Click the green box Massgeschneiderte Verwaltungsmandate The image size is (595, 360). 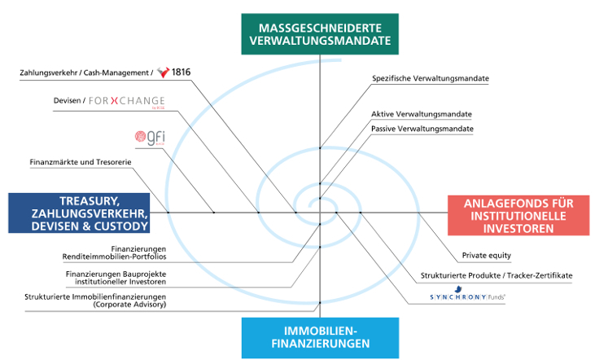(x=320, y=33)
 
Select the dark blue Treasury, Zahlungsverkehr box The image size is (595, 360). (x=90, y=213)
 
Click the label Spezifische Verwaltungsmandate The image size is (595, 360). (x=430, y=79)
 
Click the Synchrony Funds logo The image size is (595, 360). (x=467, y=298)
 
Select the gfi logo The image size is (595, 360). (x=150, y=137)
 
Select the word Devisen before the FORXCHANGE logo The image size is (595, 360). (x=66, y=101)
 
